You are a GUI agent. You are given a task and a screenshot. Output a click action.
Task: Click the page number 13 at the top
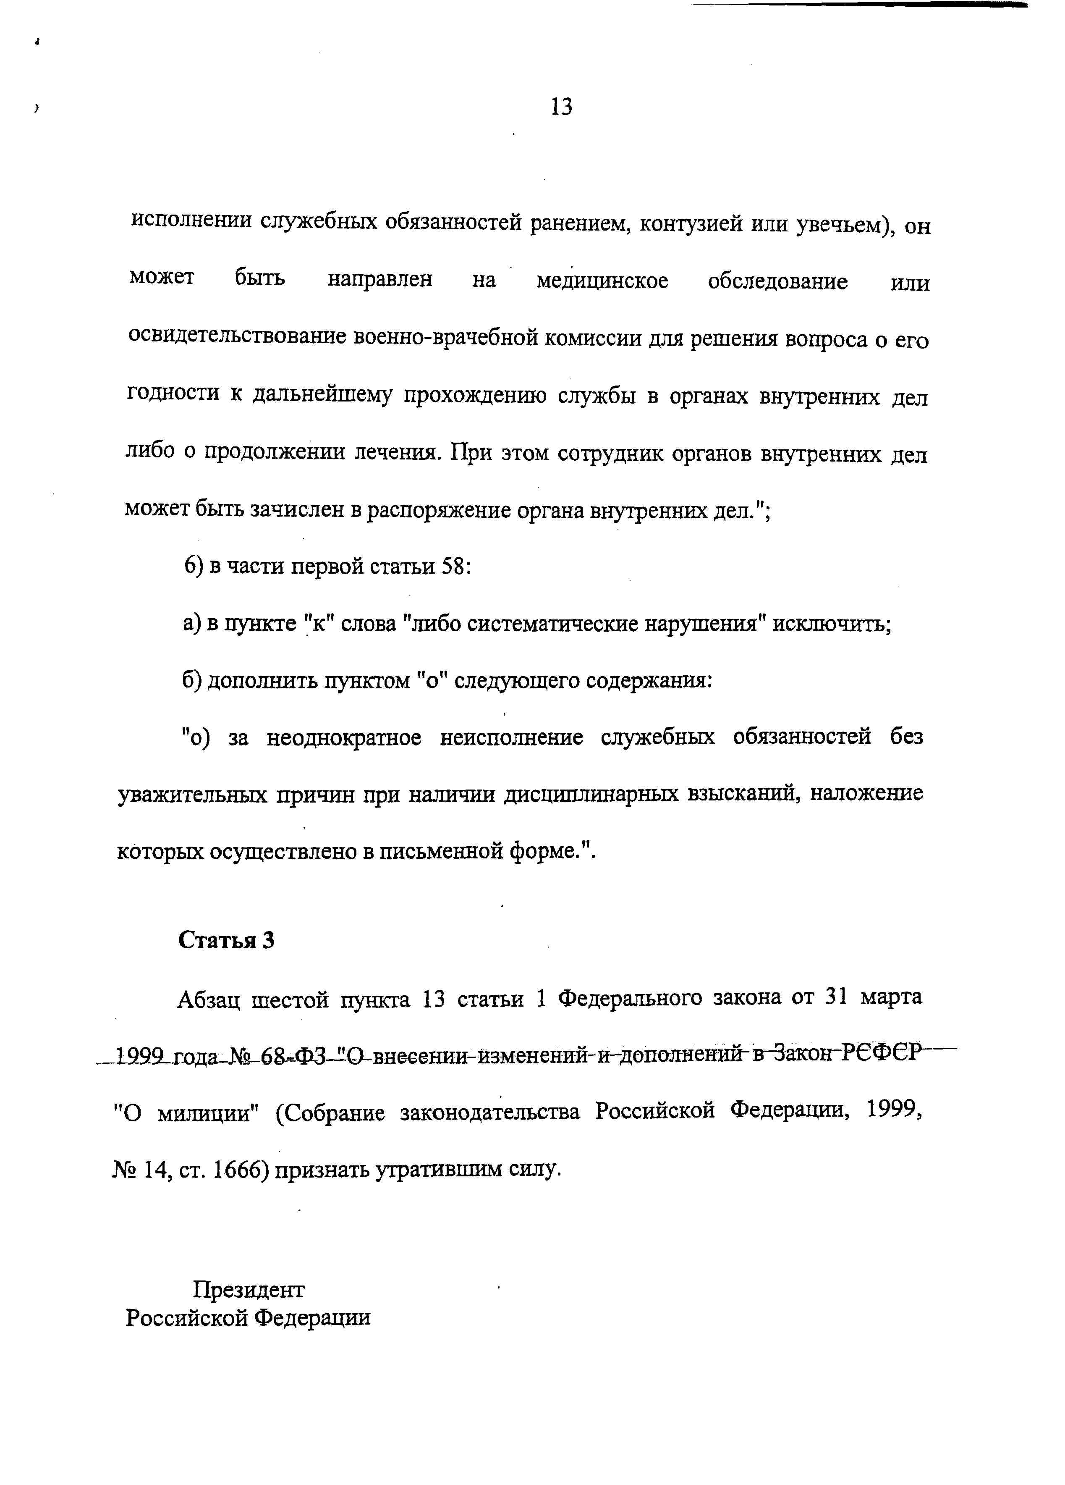pos(562,106)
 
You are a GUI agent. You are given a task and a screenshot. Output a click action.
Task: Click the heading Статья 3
pos(227,940)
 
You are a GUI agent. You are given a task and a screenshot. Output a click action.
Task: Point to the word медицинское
pos(602,281)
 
